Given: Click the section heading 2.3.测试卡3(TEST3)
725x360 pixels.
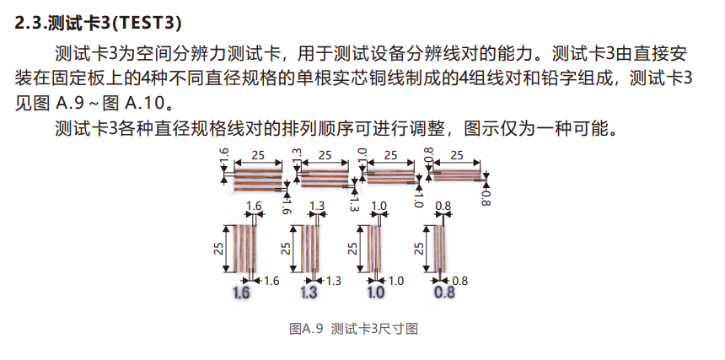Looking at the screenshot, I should coord(100,23).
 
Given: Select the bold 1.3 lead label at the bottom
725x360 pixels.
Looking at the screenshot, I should coord(309,293).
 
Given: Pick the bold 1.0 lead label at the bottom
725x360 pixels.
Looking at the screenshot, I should coord(375,293).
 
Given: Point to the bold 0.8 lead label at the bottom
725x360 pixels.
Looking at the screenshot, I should coord(443,293).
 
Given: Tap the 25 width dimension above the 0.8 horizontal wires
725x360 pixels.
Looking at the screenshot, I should coord(457,155).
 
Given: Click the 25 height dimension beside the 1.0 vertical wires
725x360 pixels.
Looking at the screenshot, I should coord(352,248).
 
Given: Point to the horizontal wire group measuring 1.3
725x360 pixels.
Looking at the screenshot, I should coord(323,177).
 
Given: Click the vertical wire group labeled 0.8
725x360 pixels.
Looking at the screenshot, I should coord(440,248).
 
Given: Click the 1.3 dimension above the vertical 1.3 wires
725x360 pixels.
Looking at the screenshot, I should coord(317,207).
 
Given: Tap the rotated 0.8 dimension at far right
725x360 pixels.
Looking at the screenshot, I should coord(486,196).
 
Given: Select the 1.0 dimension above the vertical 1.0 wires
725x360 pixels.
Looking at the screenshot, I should coord(379,207).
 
